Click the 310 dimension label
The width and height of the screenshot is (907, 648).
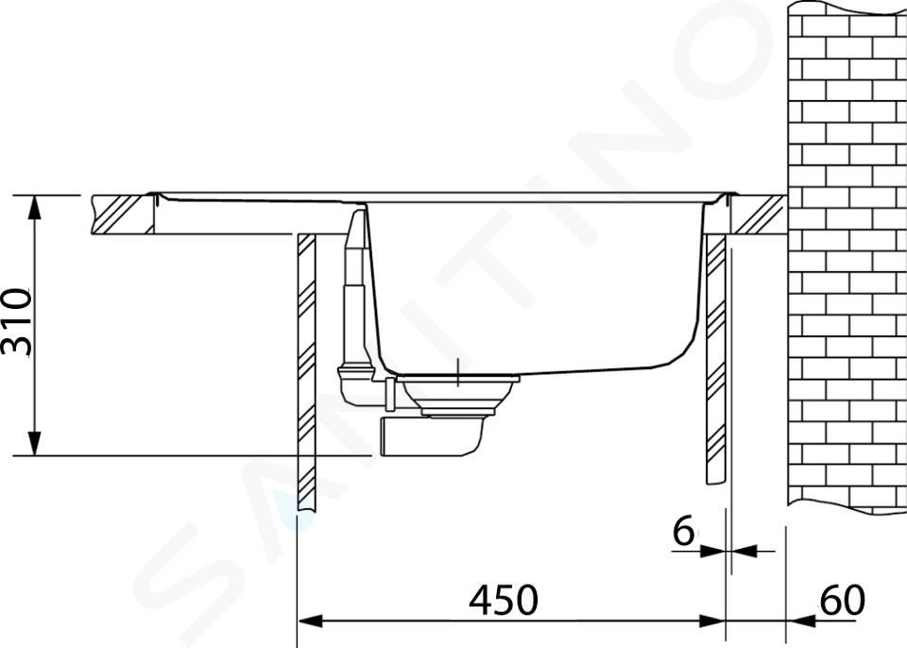[x=17, y=322]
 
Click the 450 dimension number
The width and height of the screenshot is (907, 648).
[x=504, y=600]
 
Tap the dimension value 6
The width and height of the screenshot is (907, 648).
[x=683, y=531]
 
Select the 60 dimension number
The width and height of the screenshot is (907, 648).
[x=842, y=600]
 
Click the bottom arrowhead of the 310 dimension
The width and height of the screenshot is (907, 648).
[x=35, y=444]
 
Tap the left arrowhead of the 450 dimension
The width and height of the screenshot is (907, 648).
[x=310, y=622]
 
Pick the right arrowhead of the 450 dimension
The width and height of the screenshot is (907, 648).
[x=712, y=622]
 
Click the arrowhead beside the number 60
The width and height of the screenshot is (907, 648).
[x=799, y=622]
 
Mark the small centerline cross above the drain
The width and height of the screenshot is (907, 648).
[x=457, y=372]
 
